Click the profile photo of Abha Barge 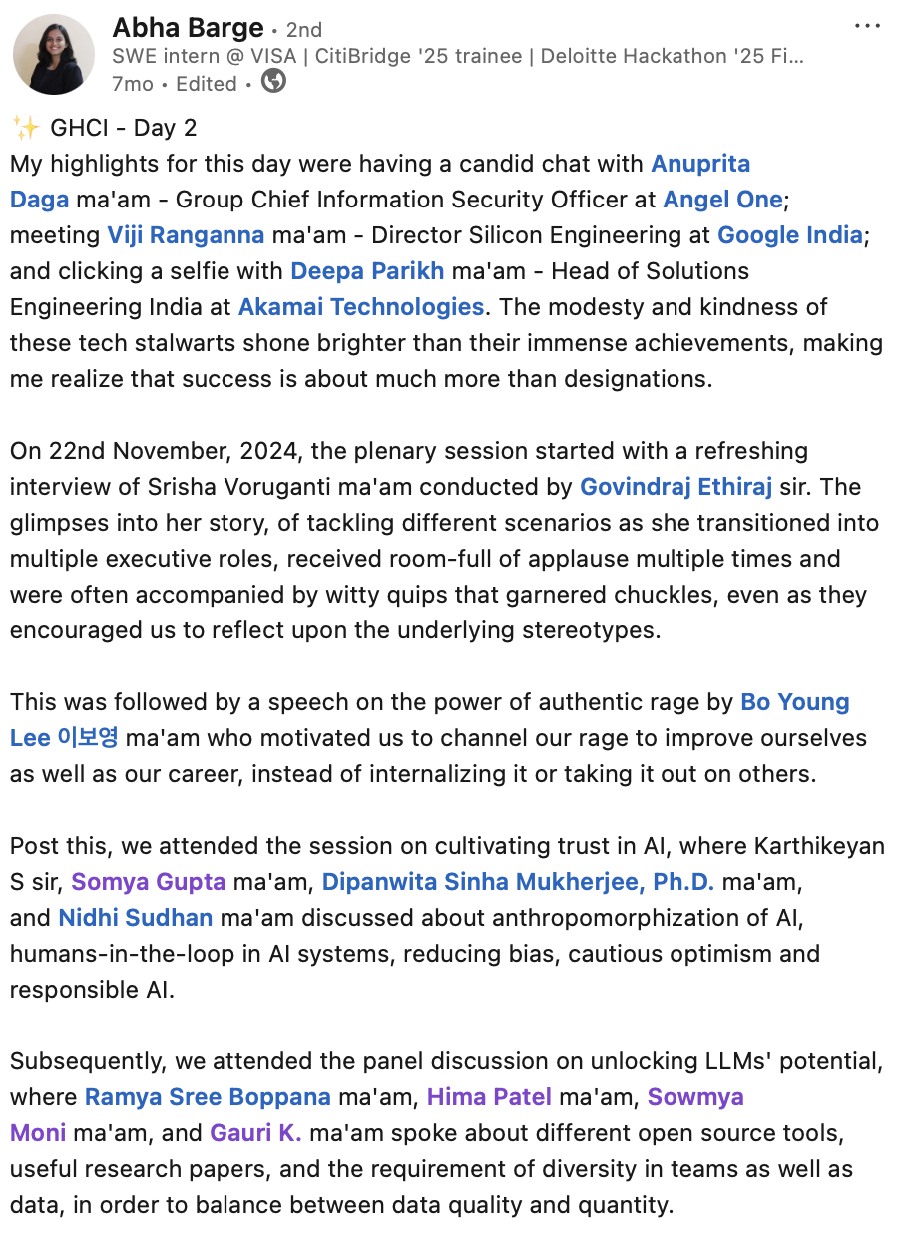click(54, 55)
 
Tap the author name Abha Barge click(188, 28)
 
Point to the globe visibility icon click(272, 82)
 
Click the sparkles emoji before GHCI click(25, 127)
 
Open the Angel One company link click(722, 200)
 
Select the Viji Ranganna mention click(186, 235)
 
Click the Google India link click(790, 235)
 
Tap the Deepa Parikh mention click(367, 271)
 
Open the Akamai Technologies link click(361, 307)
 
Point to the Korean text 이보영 click(89, 738)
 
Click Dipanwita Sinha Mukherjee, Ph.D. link click(518, 882)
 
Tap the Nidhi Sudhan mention click(136, 918)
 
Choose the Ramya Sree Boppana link click(208, 1097)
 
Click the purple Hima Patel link click(489, 1097)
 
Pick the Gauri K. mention click(256, 1133)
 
